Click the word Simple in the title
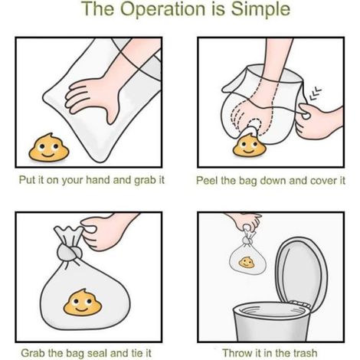tap(260, 10)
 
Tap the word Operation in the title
tap(163, 8)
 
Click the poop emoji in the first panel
tap(48, 148)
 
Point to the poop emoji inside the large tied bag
tap(82, 303)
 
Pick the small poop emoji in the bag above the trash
tap(247, 263)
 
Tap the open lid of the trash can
tap(301, 270)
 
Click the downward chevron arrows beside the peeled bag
tap(315, 93)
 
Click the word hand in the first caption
tap(98, 180)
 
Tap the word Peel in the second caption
tap(207, 181)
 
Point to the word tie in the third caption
tap(137, 353)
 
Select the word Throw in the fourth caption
tap(237, 353)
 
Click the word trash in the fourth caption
tap(305, 353)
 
